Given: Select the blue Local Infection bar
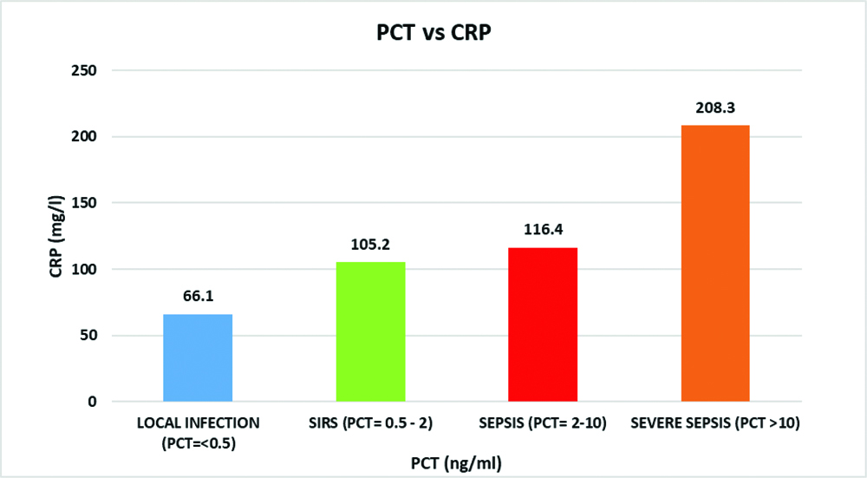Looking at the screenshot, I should (x=198, y=357).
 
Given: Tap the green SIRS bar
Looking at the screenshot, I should (x=370, y=331).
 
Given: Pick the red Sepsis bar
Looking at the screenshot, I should (x=543, y=324).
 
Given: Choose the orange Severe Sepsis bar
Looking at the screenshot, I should (x=715, y=264).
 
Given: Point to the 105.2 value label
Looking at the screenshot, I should (x=370, y=246).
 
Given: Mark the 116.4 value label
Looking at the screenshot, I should (x=543, y=231).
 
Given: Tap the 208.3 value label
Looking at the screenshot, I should (x=715, y=109).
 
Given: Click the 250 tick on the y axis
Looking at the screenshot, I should (x=84, y=70).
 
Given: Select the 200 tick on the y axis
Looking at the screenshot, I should (x=84, y=137).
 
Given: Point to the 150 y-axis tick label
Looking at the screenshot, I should (x=84, y=203).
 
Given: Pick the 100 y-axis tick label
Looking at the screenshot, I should (x=84, y=269).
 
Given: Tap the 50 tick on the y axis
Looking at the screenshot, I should (x=88, y=336).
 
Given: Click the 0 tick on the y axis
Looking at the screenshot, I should (x=91, y=402).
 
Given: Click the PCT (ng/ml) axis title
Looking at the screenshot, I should (x=456, y=463).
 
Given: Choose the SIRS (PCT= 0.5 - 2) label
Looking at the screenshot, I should (x=370, y=423).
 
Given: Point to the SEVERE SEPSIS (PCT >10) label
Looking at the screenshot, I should (x=715, y=423).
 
